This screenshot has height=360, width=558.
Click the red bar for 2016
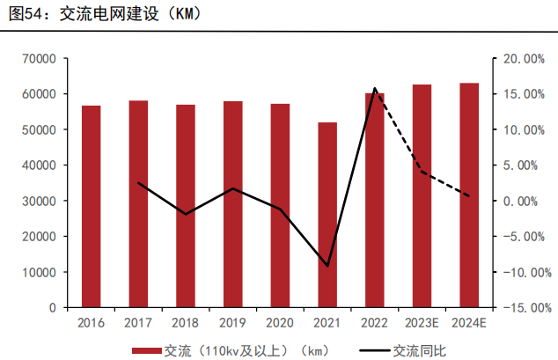[x=92, y=206]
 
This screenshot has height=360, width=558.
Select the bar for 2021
[x=327, y=215]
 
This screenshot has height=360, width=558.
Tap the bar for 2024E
[x=469, y=195]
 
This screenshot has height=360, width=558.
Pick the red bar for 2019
[x=233, y=204]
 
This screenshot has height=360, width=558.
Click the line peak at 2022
[x=375, y=89]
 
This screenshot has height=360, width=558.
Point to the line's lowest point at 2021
[x=327, y=266]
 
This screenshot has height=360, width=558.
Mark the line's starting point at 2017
[x=139, y=183]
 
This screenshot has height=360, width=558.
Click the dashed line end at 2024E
[x=469, y=196]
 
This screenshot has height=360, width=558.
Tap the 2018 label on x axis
[x=186, y=323]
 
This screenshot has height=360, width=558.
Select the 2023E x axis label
[x=422, y=323]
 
